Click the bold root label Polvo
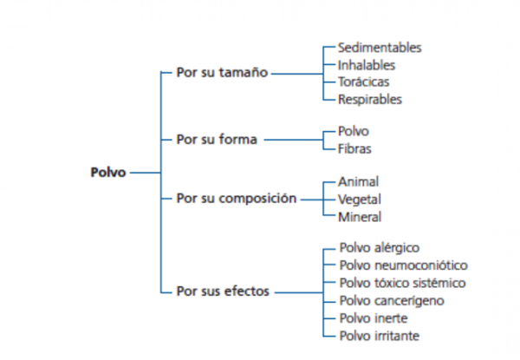click(x=108, y=172)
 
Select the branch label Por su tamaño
click(x=222, y=74)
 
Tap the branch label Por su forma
click(x=216, y=140)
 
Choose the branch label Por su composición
click(x=237, y=198)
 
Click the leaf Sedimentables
click(x=380, y=48)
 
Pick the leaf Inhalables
click(x=367, y=64)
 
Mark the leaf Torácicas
click(x=364, y=82)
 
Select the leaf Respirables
click(x=370, y=99)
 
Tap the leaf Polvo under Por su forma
click(x=354, y=131)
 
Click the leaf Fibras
click(x=356, y=148)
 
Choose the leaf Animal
click(x=359, y=181)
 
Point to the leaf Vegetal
click(x=360, y=199)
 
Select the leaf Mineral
click(x=360, y=216)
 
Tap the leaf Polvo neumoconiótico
click(x=403, y=265)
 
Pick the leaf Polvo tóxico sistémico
click(x=403, y=283)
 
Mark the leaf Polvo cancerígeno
click(x=393, y=300)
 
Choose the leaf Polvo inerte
click(x=374, y=317)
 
